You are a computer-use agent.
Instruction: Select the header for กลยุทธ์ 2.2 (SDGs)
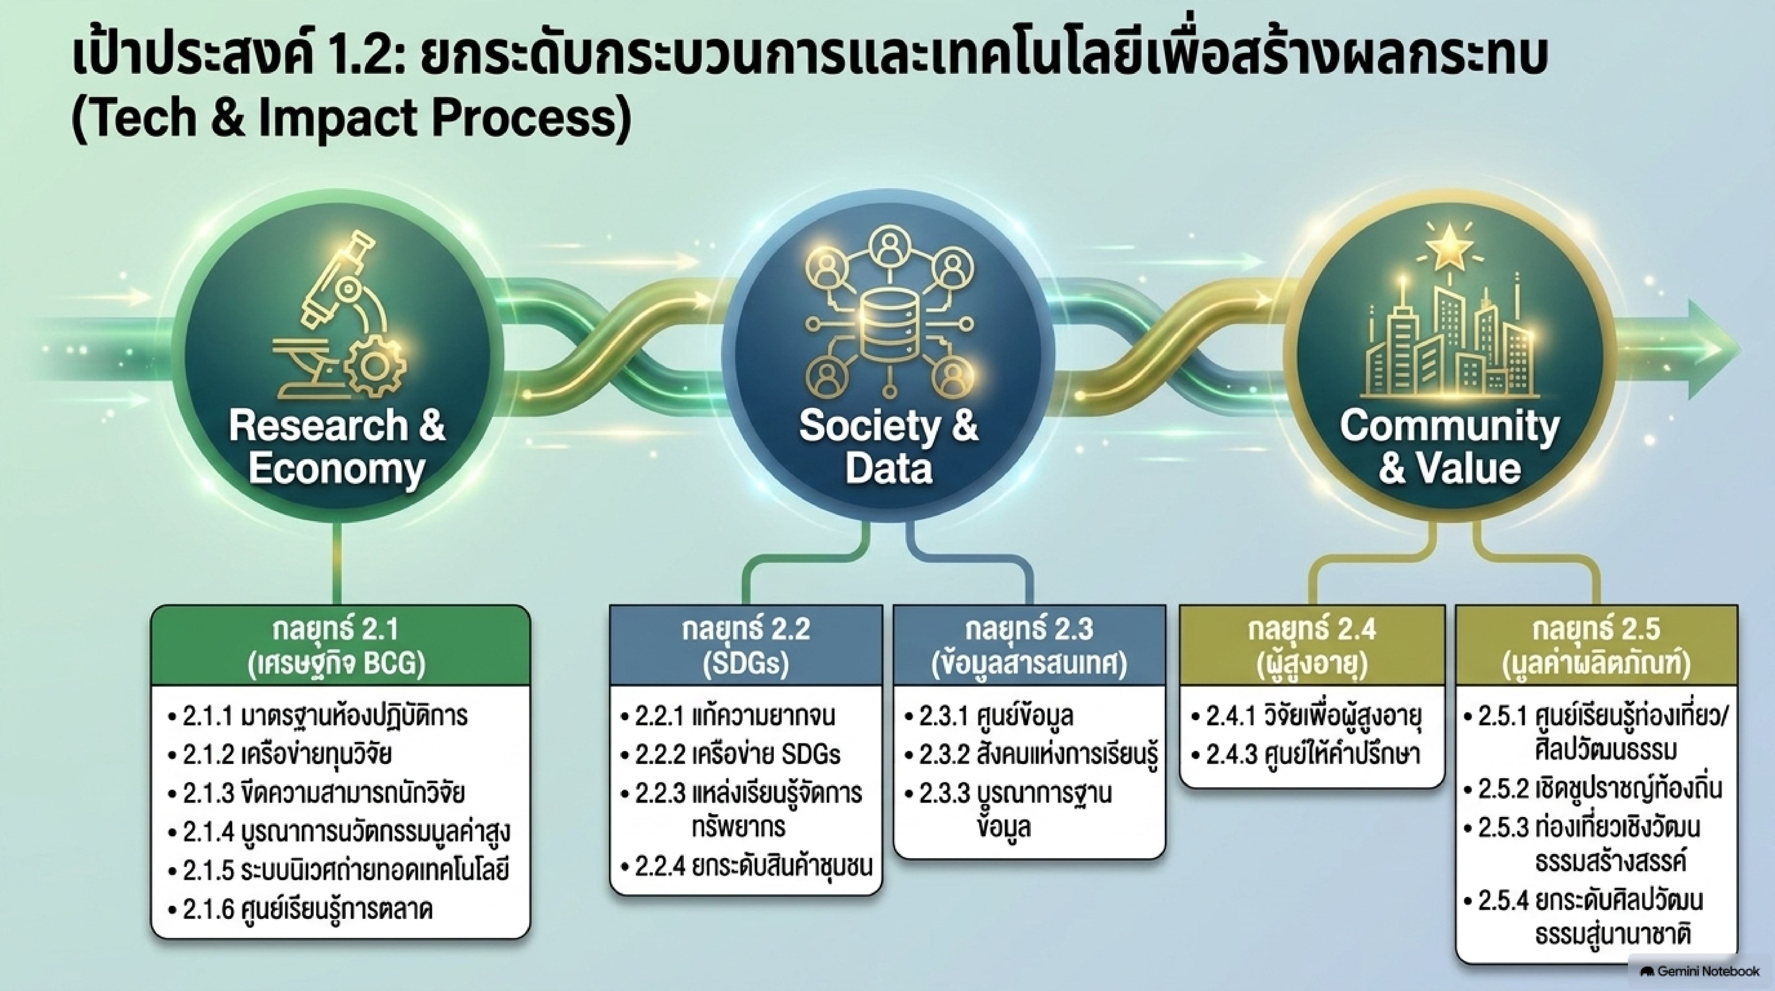[x=746, y=646]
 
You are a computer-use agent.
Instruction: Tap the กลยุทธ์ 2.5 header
[x=1596, y=646]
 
